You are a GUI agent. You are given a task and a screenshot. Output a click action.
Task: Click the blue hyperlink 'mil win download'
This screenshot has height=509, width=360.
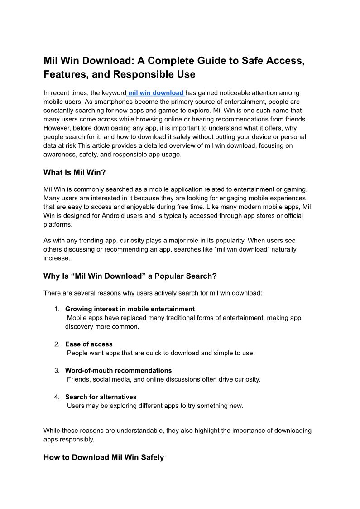pos(156,93)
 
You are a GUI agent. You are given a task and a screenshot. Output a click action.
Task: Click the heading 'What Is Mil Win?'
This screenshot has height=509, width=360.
pos(74,172)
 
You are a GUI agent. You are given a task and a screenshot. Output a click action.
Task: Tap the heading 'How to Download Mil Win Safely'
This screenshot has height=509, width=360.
pos(103,457)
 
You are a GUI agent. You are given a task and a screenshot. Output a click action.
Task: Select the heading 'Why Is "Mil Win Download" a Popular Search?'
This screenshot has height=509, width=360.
pos(130,276)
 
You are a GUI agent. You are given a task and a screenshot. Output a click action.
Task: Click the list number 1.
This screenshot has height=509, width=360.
pos(57,309)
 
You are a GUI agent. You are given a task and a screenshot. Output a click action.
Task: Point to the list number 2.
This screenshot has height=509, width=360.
pos(57,344)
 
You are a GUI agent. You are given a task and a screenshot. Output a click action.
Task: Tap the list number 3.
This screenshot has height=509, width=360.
pos(57,370)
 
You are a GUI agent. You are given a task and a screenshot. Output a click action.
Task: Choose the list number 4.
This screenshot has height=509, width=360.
pos(57,397)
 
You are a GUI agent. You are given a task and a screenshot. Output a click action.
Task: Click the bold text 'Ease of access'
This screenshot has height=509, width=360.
pos(89,344)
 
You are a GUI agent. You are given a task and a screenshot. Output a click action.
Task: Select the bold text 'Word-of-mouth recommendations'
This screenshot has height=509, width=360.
pos(118,370)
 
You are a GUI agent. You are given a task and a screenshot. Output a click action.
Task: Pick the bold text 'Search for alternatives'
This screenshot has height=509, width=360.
pos(101,397)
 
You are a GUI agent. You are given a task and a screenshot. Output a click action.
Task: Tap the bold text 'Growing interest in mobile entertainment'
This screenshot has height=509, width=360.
pos(130,309)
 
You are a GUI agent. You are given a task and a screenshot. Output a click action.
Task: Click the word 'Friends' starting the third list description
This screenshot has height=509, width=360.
pos(78,379)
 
